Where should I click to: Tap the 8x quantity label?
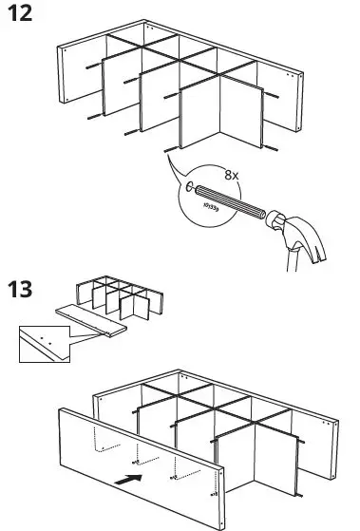point(231,175)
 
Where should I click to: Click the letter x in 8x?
point(237,175)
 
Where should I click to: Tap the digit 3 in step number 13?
point(33,290)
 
